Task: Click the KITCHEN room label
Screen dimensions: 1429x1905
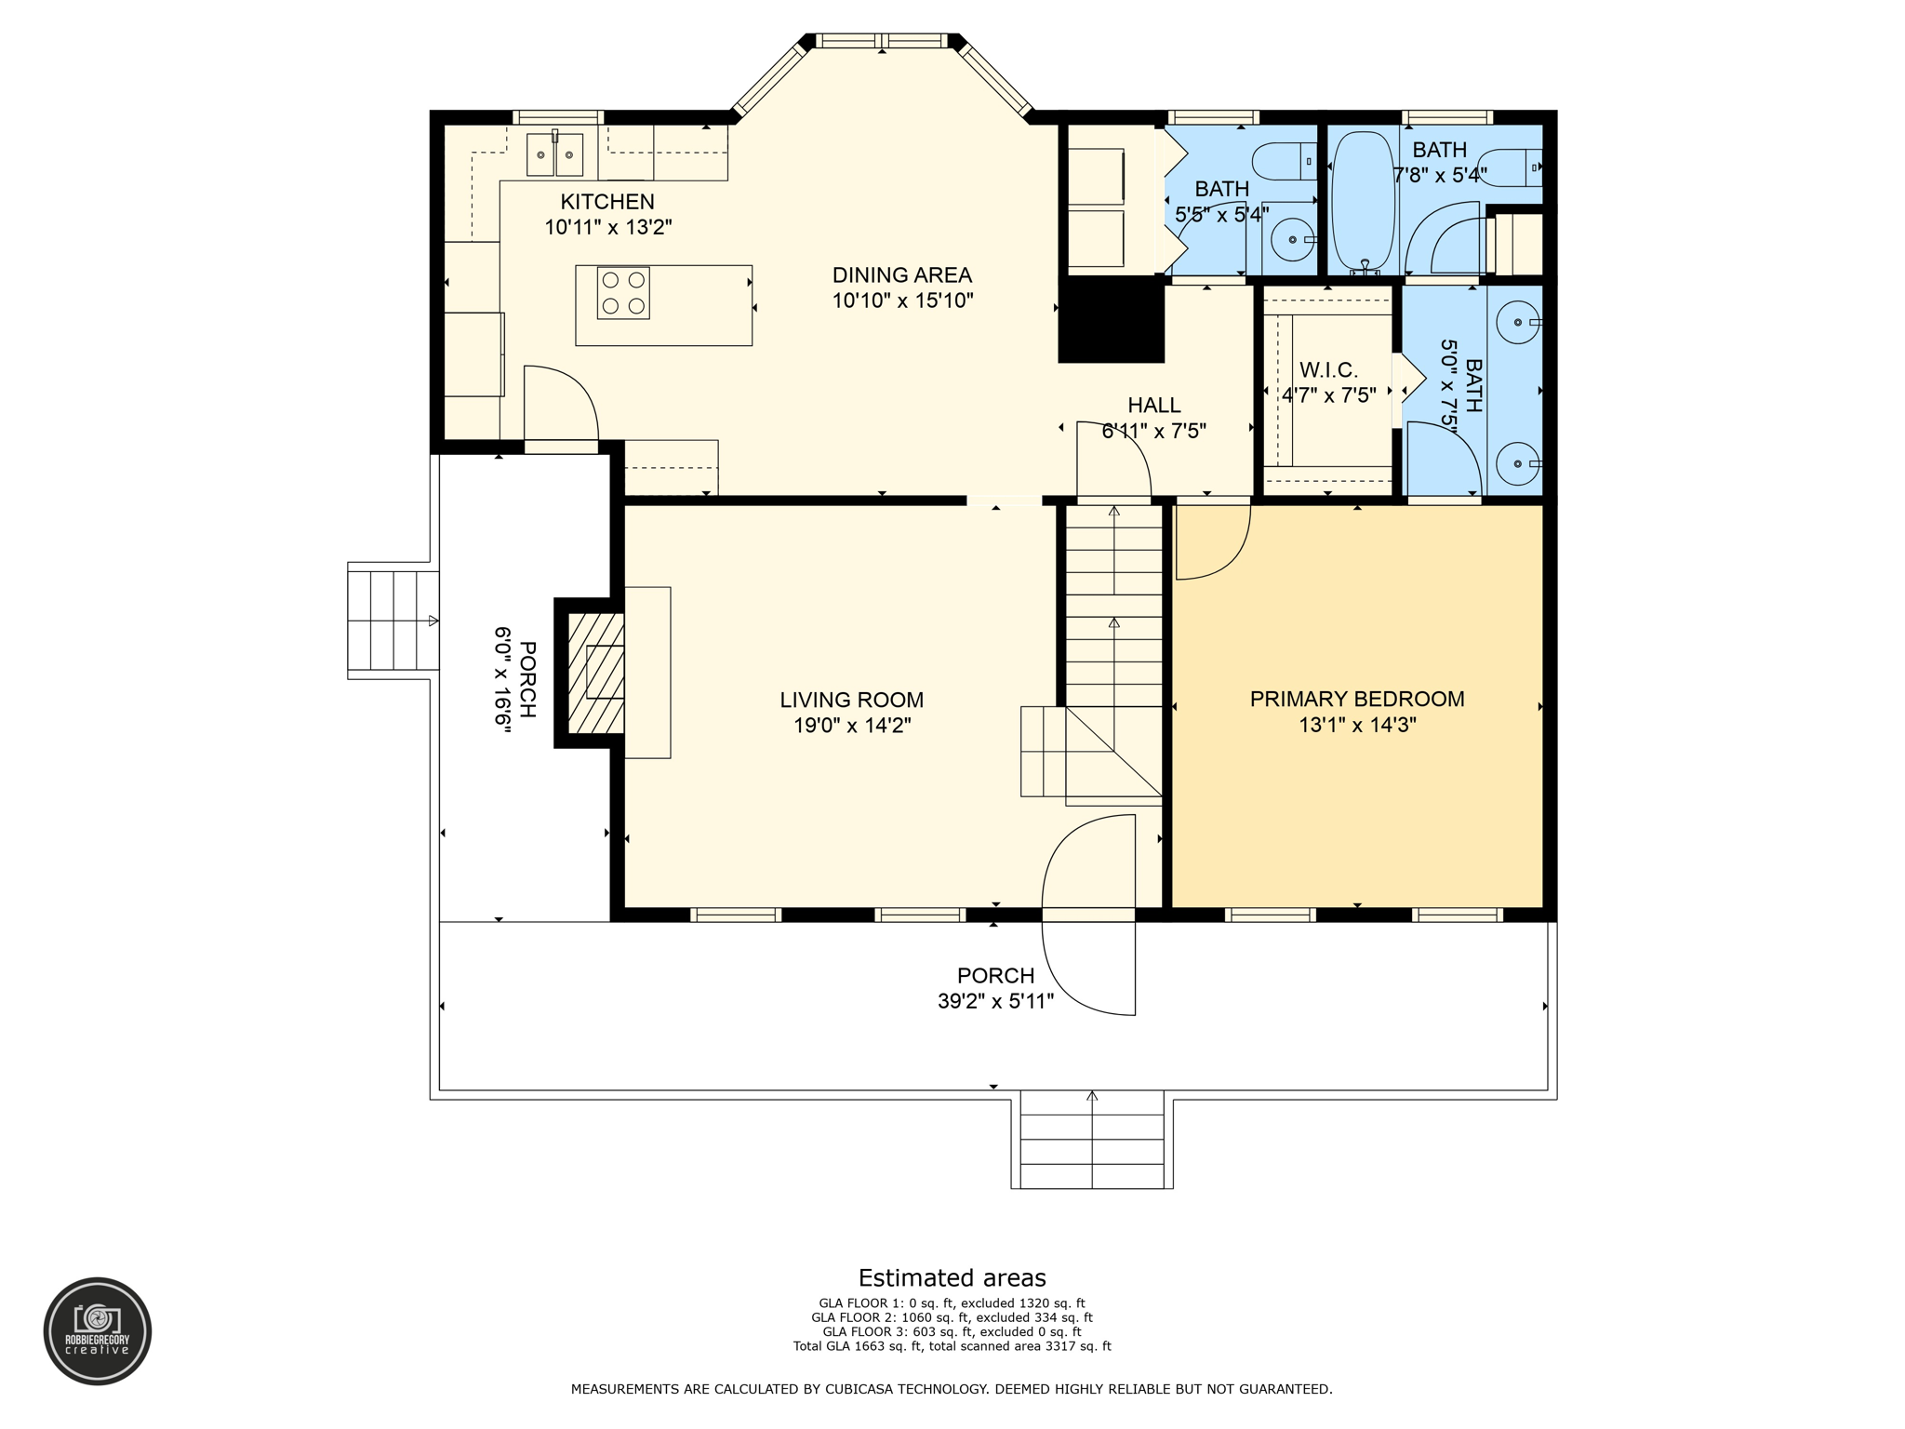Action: pos(607,202)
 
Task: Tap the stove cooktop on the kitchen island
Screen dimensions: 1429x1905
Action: pos(623,293)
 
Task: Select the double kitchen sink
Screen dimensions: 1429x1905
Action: pos(554,155)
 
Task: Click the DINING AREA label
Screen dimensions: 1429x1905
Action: pos(901,275)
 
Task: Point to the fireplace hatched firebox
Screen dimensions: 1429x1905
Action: pos(596,673)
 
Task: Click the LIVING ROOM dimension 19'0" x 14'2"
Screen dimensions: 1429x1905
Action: pos(851,726)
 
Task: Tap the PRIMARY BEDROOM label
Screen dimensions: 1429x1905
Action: pos(1356,700)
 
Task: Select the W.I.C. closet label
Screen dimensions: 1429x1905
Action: pos(1328,370)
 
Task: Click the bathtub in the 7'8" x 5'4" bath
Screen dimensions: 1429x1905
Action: pos(1363,200)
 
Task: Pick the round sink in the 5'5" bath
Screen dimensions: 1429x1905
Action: pos(1293,240)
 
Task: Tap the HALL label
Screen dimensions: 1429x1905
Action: pos(1153,406)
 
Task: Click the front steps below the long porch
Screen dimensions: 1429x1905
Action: pos(1091,1143)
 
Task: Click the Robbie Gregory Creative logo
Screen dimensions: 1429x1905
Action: pos(98,1331)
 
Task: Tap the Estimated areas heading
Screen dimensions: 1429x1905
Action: pos(952,1278)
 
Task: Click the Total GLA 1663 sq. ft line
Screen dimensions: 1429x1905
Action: pos(952,1346)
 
